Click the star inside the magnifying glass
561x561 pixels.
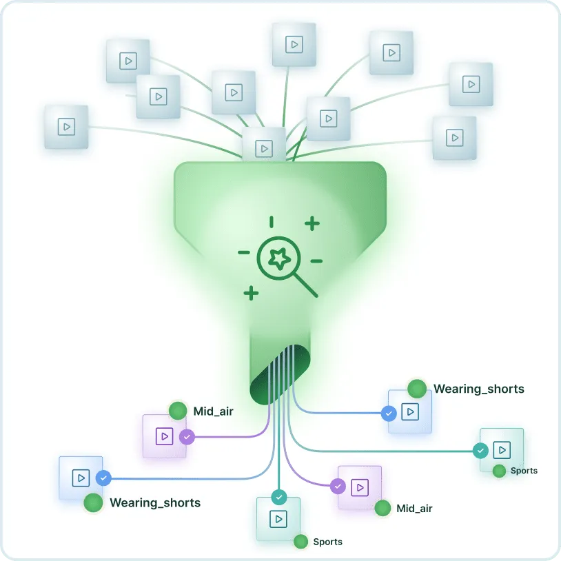tap(278, 259)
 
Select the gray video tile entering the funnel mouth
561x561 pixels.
tap(264, 147)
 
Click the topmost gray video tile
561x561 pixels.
tap(294, 45)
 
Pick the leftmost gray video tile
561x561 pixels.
tap(66, 127)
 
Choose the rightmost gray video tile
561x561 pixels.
tap(471, 84)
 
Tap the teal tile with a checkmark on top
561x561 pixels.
tap(278, 519)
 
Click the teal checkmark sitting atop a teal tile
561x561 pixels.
tap(278, 496)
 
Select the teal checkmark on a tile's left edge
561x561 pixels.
tap(480, 450)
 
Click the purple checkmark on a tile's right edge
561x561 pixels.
tap(187, 436)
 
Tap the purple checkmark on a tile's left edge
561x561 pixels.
tap(338, 487)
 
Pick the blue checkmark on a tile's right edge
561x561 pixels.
tap(103, 477)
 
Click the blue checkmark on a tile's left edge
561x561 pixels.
tap(389, 413)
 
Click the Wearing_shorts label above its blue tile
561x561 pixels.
tap(478, 389)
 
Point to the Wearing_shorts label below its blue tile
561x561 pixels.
tap(155, 502)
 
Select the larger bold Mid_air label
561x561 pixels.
tap(213, 411)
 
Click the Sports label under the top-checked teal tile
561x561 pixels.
tap(327, 542)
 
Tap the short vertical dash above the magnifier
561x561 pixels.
tap(272, 221)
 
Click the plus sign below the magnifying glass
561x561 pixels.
tap(252, 293)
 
